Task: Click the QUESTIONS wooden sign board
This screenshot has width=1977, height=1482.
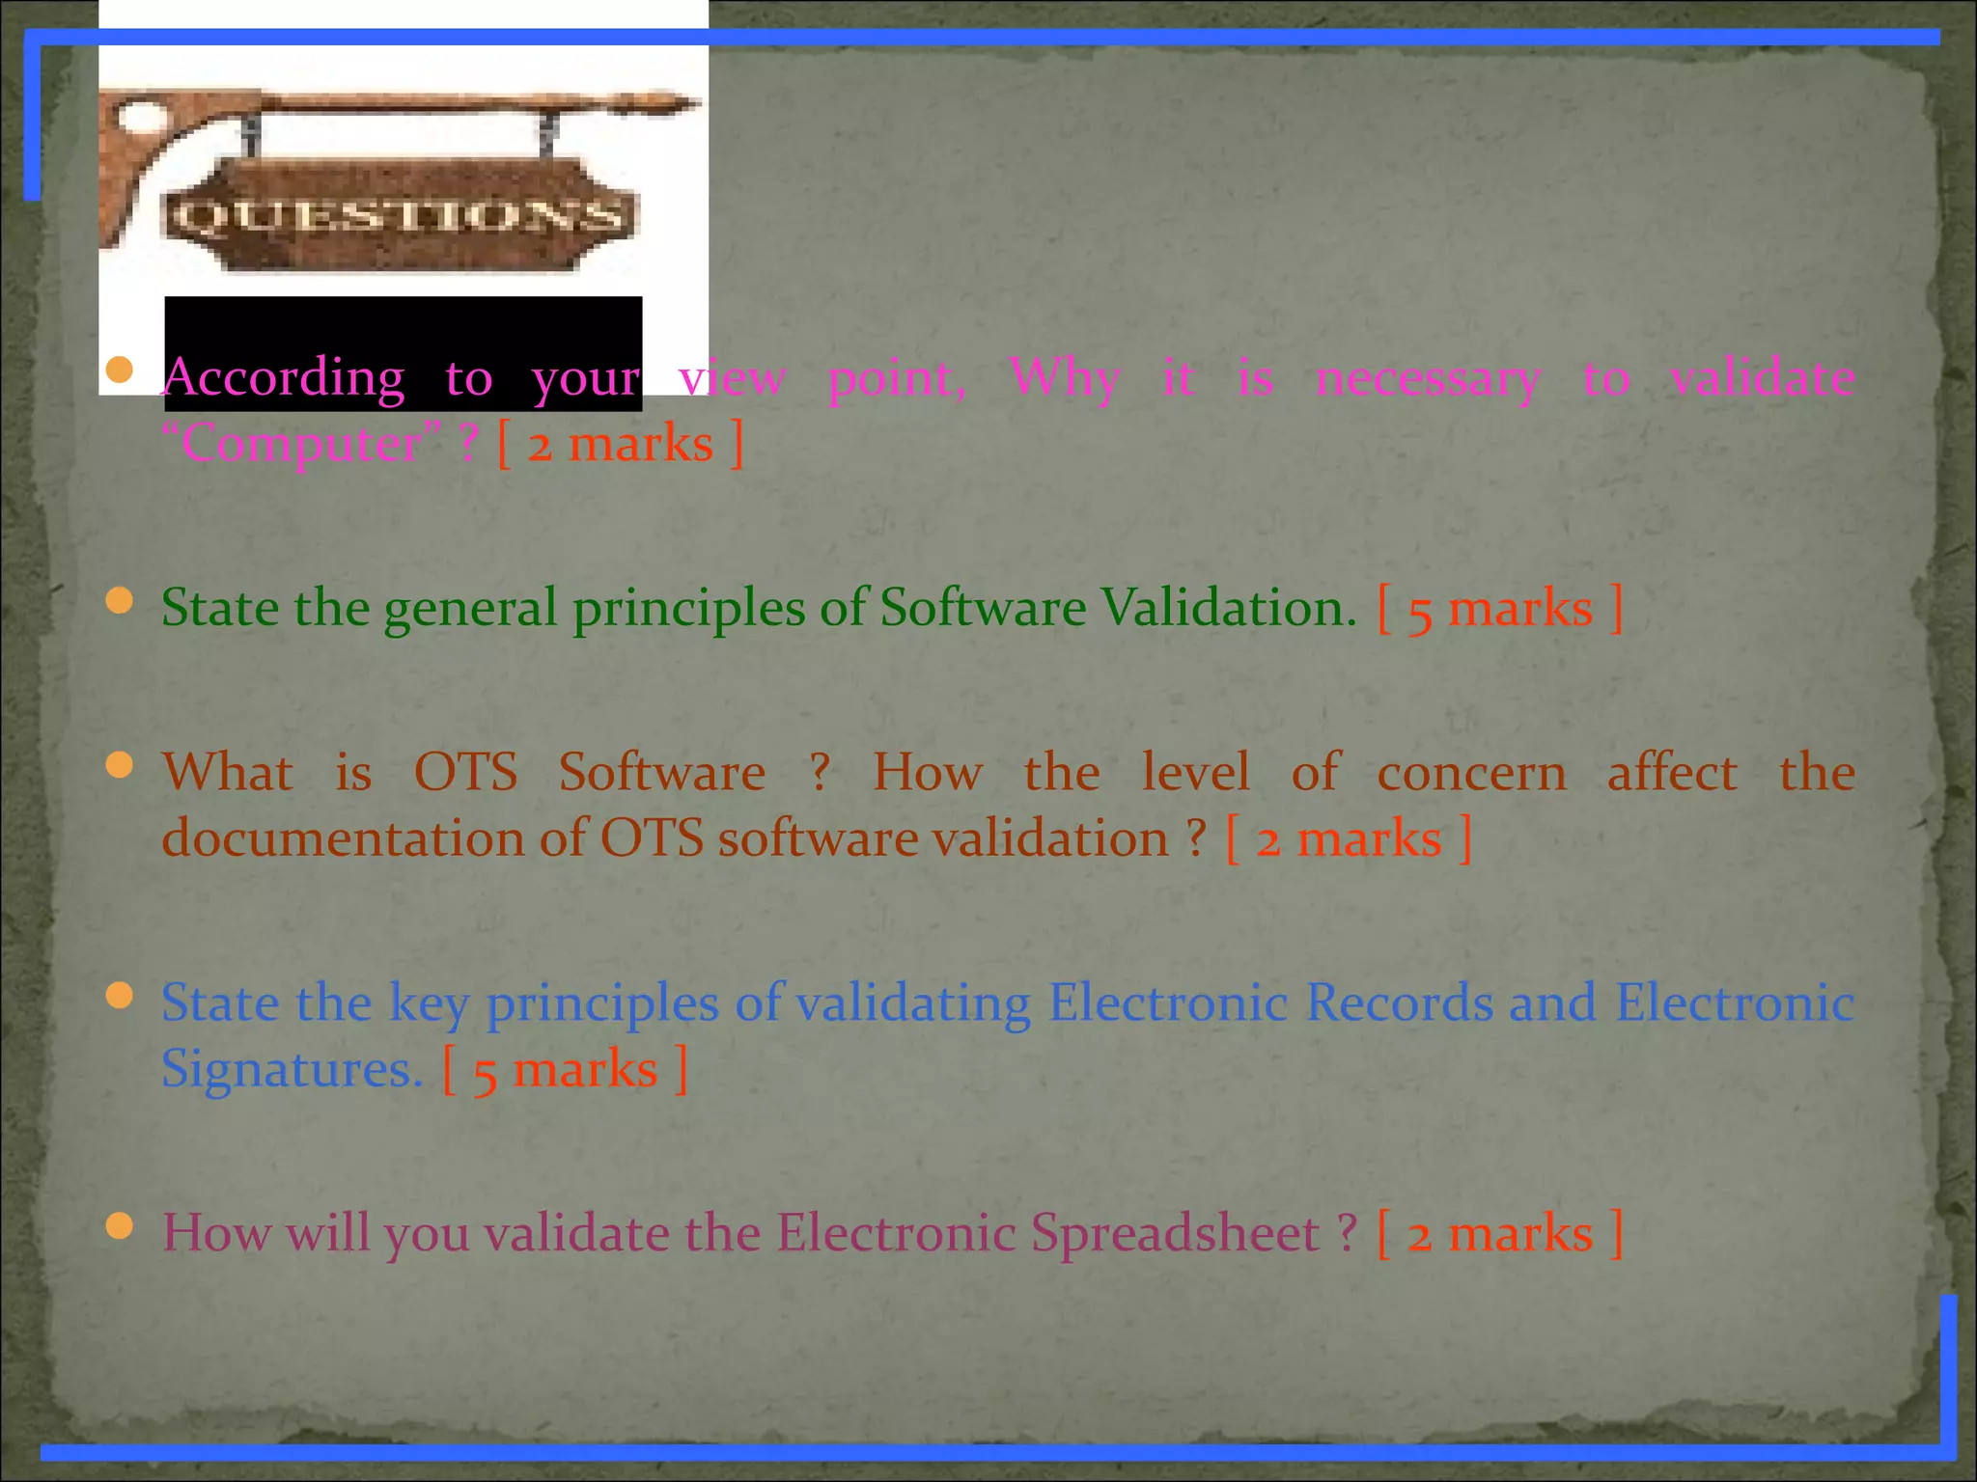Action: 401,215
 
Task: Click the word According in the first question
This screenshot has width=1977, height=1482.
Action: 284,378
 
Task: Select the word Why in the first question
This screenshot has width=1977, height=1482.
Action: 1065,376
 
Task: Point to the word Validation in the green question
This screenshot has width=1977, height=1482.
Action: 1229,608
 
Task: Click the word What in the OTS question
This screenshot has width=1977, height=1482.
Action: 228,773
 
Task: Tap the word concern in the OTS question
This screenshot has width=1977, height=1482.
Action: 1471,773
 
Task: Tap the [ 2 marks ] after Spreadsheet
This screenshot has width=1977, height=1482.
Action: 1500,1234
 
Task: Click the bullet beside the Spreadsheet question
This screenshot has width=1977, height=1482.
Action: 120,1226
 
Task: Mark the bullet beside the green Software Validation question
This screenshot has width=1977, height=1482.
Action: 120,601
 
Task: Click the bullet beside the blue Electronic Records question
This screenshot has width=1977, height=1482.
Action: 120,996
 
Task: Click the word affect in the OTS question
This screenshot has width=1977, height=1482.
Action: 1672,773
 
